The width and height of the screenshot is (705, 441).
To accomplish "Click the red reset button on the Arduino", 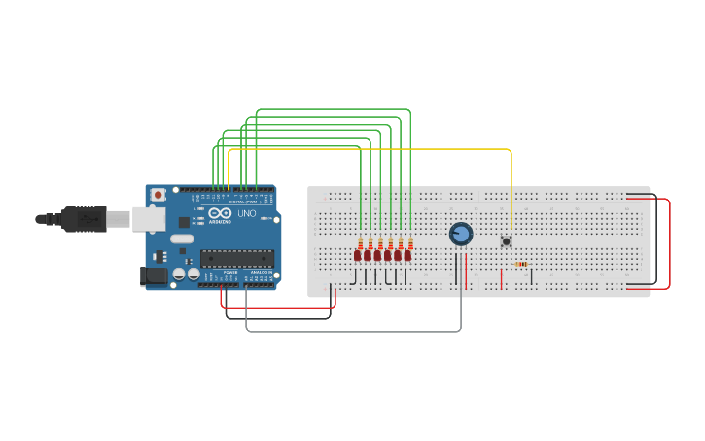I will pyautogui.click(x=158, y=195).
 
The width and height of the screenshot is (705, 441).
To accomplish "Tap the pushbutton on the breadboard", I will pyautogui.click(x=506, y=241).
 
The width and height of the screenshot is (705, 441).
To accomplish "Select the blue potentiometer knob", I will pyautogui.click(x=461, y=234).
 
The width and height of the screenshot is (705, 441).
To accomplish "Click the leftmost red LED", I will pyautogui.click(x=358, y=255).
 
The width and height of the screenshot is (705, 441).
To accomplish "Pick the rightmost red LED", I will pyautogui.click(x=407, y=255).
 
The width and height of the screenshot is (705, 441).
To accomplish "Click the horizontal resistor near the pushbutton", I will pyautogui.click(x=520, y=264).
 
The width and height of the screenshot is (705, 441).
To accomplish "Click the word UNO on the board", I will pyautogui.click(x=247, y=213).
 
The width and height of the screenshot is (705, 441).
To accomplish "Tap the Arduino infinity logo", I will pyautogui.click(x=221, y=213).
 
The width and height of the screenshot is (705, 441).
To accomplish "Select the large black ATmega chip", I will pyautogui.click(x=236, y=258).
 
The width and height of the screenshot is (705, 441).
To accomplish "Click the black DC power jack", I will pyautogui.click(x=153, y=276).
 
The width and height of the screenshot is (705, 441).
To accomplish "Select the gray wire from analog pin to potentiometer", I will pyautogui.click(x=350, y=331).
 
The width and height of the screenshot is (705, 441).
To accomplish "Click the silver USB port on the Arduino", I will pyautogui.click(x=147, y=219).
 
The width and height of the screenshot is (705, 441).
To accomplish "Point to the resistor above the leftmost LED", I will pyautogui.click(x=361, y=242).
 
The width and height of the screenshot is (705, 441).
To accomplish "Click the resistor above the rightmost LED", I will pyautogui.click(x=410, y=242).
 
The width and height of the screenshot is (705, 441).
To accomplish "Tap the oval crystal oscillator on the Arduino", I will pyautogui.click(x=182, y=239).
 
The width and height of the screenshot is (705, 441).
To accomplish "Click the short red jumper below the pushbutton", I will pyautogui.click(x=502, y=279).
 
